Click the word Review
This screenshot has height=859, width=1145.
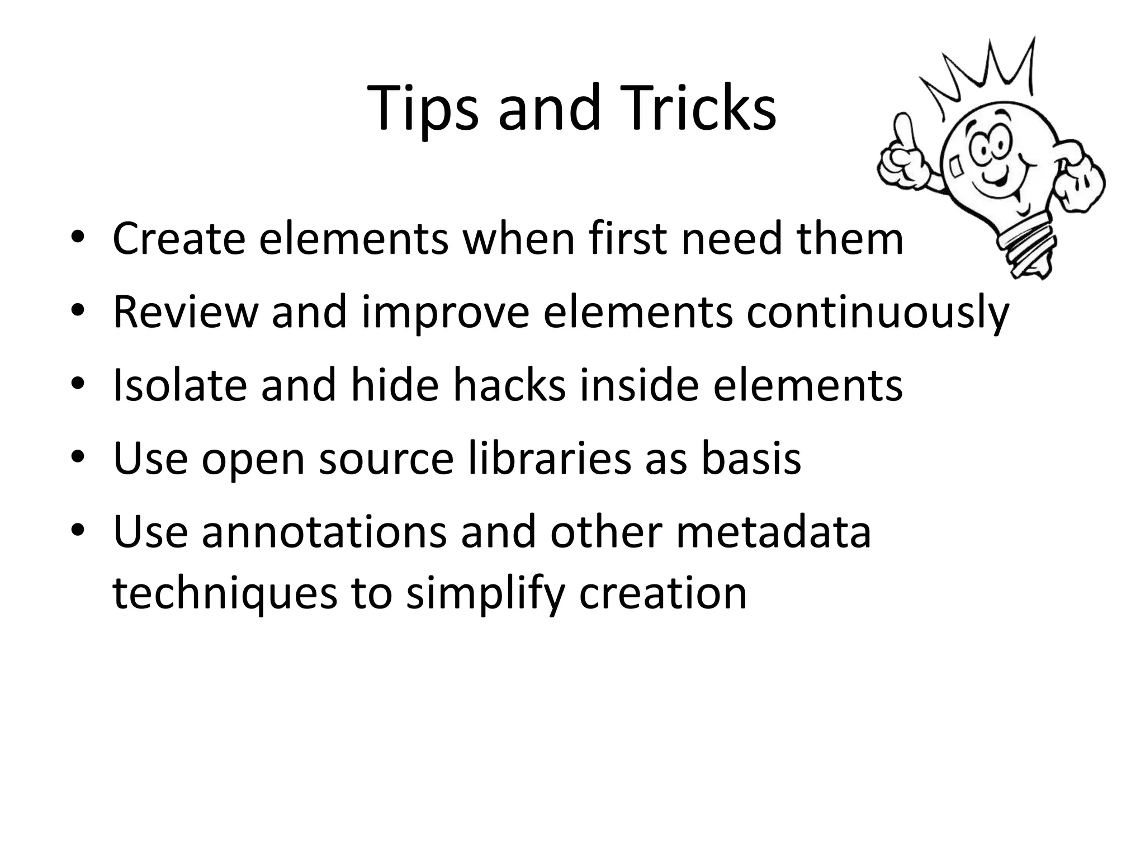click(x=184, y=311)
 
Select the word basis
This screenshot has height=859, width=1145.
click(x=751, y=459)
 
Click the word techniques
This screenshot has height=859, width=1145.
click(x=225, y=594)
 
